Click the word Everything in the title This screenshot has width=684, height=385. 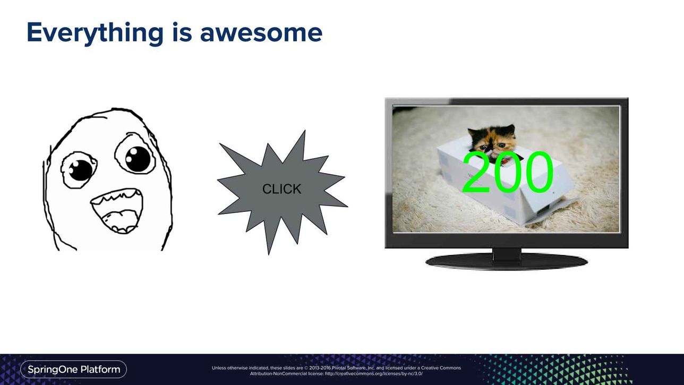coord(95,33)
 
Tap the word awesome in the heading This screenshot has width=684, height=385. coord(261,33)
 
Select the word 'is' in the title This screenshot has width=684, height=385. coord(182,32)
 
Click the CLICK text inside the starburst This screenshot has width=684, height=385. coord(281,189)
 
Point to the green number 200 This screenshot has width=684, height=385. coord(508,172)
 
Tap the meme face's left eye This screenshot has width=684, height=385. coord(79,170)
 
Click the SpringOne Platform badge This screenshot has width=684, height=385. coord(74,370)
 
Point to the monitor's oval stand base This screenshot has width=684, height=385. coord(507,262)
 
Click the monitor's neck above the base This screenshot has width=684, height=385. coord(507,254)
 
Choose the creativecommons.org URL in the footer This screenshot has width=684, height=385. coord(374,374)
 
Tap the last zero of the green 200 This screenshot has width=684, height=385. coord(538,172)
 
